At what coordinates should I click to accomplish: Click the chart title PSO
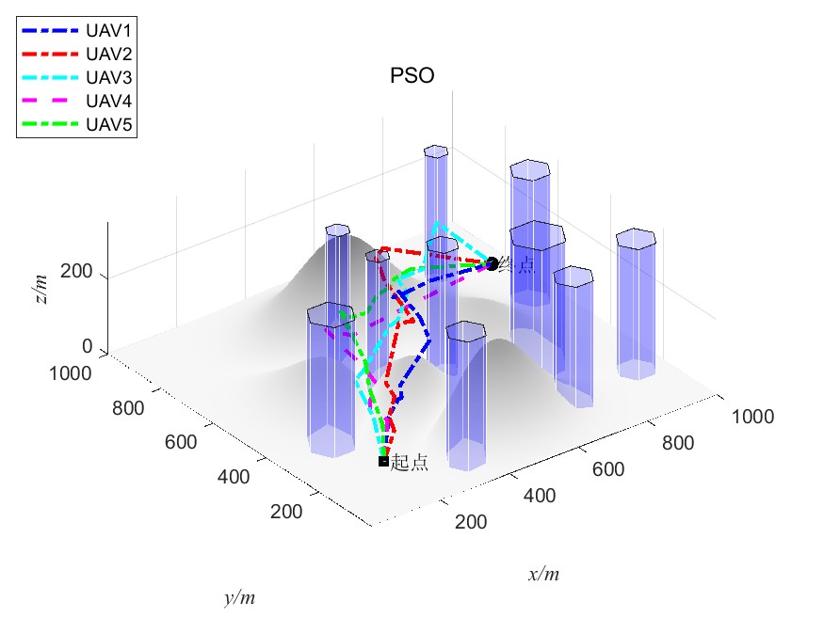coord(412,77)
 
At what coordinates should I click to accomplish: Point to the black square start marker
coord(383,461)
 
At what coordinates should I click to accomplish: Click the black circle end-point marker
coord(492,264)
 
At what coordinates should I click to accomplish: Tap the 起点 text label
coord(409,463)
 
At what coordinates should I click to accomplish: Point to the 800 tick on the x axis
coord(683,443)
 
